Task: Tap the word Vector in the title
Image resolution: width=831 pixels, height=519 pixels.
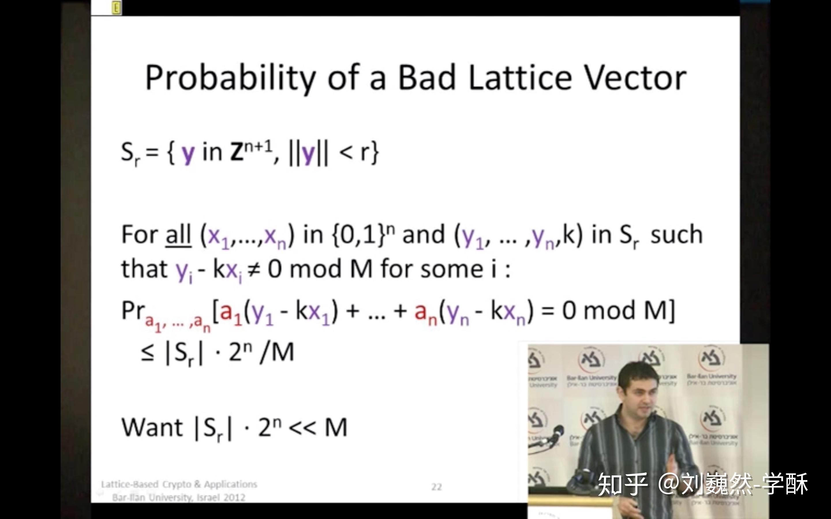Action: pyautogui.click(x=635, y=78)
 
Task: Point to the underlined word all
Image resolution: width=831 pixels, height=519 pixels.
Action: pyautogui.click(x=178, y=235)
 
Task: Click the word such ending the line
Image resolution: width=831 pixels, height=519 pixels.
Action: pyautogui.click(x=676, y=235)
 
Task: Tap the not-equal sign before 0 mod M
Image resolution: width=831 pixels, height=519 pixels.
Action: pyautogui.click(x=253, y=270)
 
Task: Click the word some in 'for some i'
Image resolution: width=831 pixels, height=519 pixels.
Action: pyautogui.click(x=452, y=270)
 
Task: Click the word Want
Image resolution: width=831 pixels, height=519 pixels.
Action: pyautogui.click(x=152, y=427)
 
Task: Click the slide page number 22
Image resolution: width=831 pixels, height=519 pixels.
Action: pyautogui.click(x=437, y=487)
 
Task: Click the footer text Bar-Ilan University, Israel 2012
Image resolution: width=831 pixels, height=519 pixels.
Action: pyautogui.click(x=179, y=497)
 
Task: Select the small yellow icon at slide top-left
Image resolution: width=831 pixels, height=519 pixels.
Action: pyautogui.click(x=116, y=7)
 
